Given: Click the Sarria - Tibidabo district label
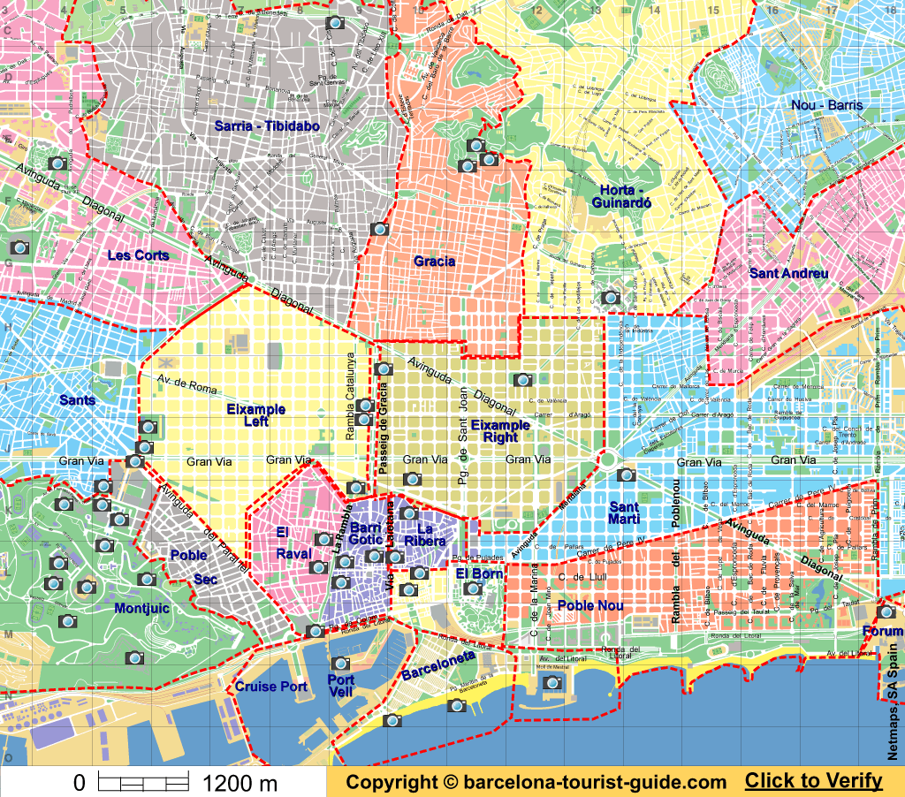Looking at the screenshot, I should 267,126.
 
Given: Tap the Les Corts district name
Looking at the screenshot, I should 138,255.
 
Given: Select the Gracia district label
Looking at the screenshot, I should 434,261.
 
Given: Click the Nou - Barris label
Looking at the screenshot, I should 827,105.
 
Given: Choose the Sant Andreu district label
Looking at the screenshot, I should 788,273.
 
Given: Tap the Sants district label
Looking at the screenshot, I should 77,400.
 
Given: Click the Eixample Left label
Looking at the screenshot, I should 255,415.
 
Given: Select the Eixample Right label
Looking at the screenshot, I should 500,431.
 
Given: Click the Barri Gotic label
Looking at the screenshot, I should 365,533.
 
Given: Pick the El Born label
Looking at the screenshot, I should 479,573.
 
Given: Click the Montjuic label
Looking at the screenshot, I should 143,608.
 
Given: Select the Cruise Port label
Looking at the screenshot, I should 270,687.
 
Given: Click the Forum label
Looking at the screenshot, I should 883,631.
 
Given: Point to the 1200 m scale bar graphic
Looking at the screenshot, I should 142,782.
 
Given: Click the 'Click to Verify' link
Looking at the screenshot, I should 813,780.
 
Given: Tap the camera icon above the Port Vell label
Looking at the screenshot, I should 339,664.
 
